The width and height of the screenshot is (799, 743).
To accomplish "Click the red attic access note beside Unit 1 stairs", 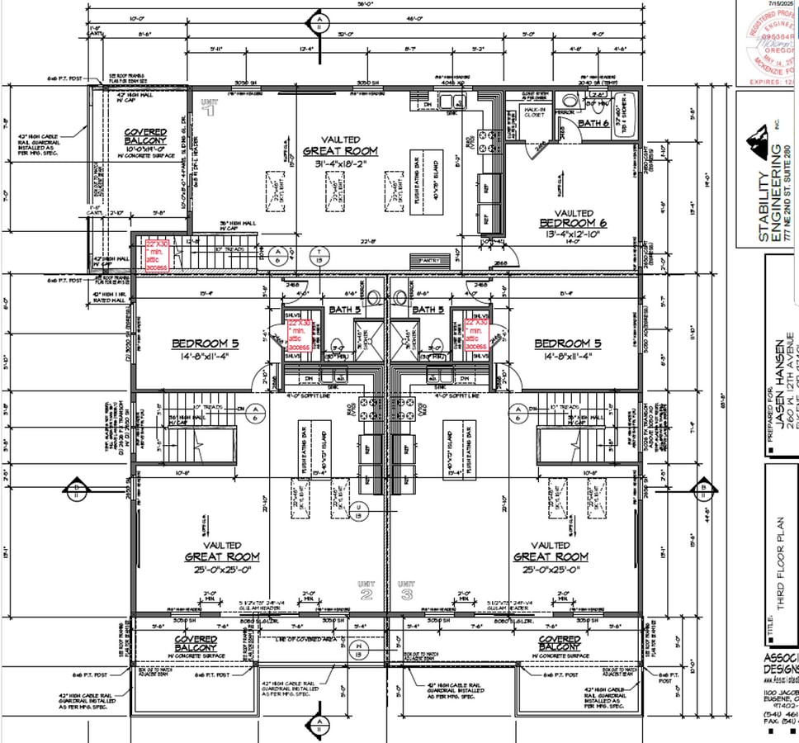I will (157, 256).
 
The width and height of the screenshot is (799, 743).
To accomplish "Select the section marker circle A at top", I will (319, 21).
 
